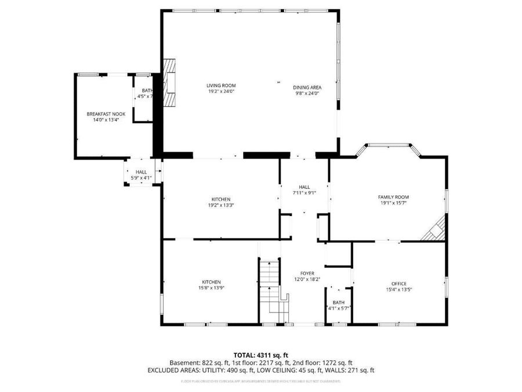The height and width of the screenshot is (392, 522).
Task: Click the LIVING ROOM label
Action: pyautogui.click(x=222, y=85)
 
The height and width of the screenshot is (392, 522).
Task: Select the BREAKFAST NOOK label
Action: pyautogui.click(x=106, y=114)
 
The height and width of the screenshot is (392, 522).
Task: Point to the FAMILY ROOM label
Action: pyautogui.click(x=393, y=197)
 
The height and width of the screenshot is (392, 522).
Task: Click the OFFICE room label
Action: pyautogui.click(x=398, y=283)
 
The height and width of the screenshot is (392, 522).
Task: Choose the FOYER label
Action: pyautogui.click(x=307, y=273)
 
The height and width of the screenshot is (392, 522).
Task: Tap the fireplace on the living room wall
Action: pyautogui.click(x=169, y=82)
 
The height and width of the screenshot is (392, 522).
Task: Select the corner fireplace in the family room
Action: pyautogui.click(x=434, y=230)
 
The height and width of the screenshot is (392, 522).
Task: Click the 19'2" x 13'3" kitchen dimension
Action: pyautogui.click(x=221, y=204)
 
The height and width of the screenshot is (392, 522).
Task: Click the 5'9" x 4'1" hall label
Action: pyautogui.click(x=141, y=178)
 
